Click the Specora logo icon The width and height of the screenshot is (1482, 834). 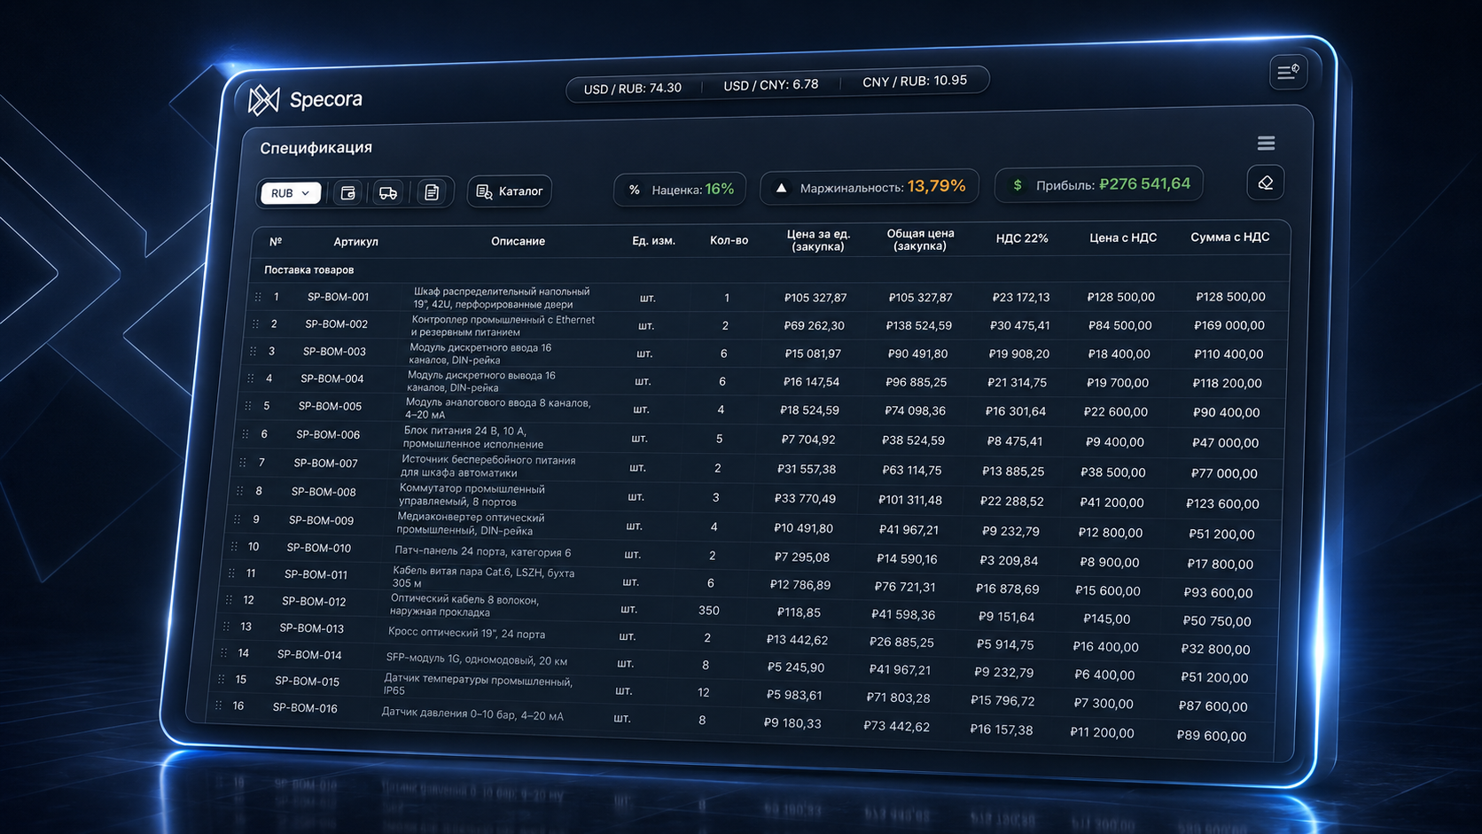(x=263, y=100)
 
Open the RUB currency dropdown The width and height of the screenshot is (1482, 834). (x=291, y=193)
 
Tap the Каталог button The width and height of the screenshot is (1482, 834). (x=510, y=191)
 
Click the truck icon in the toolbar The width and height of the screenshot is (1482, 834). (x=387, y=193)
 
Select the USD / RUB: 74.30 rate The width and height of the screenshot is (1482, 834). (x=632, y=88)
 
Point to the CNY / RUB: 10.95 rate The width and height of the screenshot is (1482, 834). (x=915, y=81)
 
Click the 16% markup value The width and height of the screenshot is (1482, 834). (x=719, y=189)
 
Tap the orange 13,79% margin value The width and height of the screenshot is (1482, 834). (x=936, y=186)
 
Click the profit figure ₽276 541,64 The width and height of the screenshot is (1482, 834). (x=1144, y=183)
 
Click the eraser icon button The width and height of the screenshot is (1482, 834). (x=1265, y=183)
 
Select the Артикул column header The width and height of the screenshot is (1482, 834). (x=356, y=241)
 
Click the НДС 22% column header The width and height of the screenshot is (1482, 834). (x=1022, y=238)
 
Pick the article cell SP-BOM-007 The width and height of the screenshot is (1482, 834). (x=325, y=463)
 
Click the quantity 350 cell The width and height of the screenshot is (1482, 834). (x=708, y=611)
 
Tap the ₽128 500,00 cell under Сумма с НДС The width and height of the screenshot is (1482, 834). (x=1230, y=297)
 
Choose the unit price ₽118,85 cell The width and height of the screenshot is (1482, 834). (x=799, y=612)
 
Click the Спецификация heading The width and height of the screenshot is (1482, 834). (x=316, y=147)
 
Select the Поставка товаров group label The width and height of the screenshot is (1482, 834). (x=309, y=269)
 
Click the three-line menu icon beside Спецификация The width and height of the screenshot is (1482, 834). (x=1266, y=143)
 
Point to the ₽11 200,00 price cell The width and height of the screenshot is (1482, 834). (x=1102, y=733)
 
